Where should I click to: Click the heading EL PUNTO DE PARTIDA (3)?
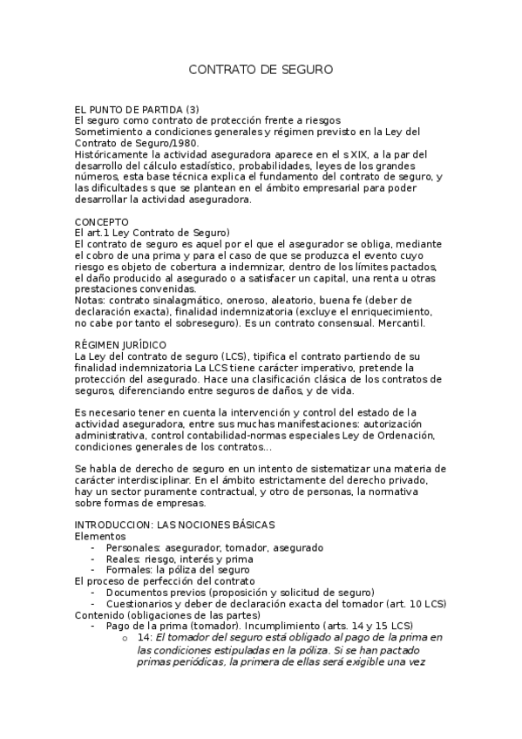[x=138, y=109]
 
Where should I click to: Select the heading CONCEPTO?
[x=102, y=222]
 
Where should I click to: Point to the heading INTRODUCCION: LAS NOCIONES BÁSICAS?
[x=174, y=525]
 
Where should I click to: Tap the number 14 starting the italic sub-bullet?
[x=145, y=637]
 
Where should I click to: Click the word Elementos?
[x=100, y=536]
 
